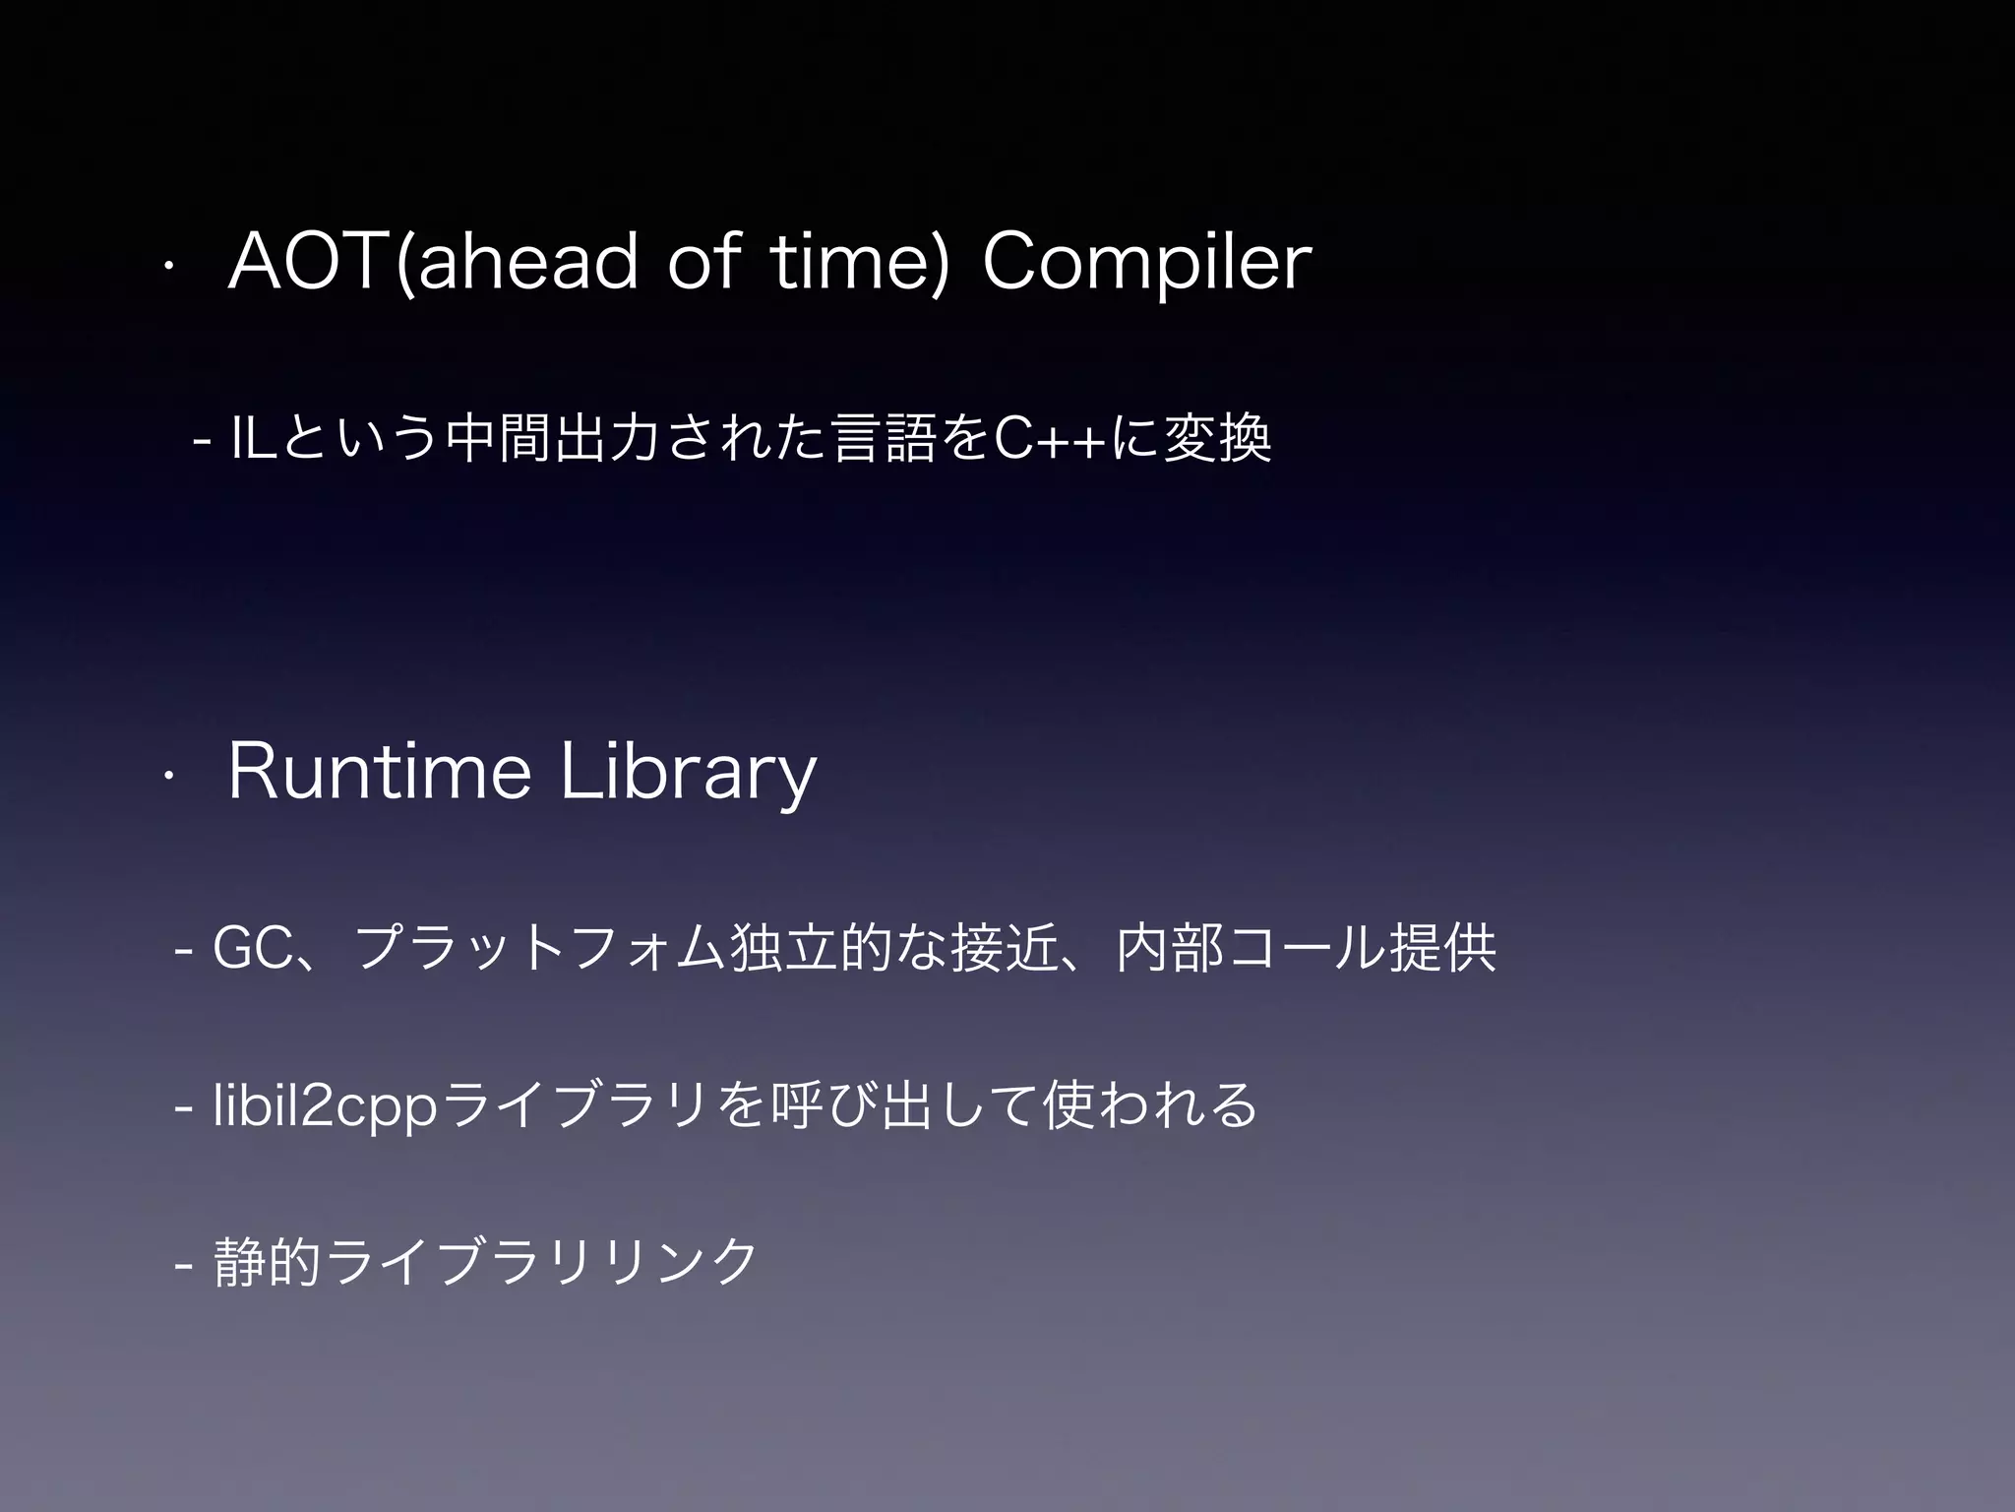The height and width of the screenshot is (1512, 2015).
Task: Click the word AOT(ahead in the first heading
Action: (432, 263)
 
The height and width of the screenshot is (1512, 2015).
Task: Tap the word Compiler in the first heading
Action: (1146, 263)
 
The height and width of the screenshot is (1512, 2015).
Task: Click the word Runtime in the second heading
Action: (380, 773)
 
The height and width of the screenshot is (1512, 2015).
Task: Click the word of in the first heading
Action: (702, 263)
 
